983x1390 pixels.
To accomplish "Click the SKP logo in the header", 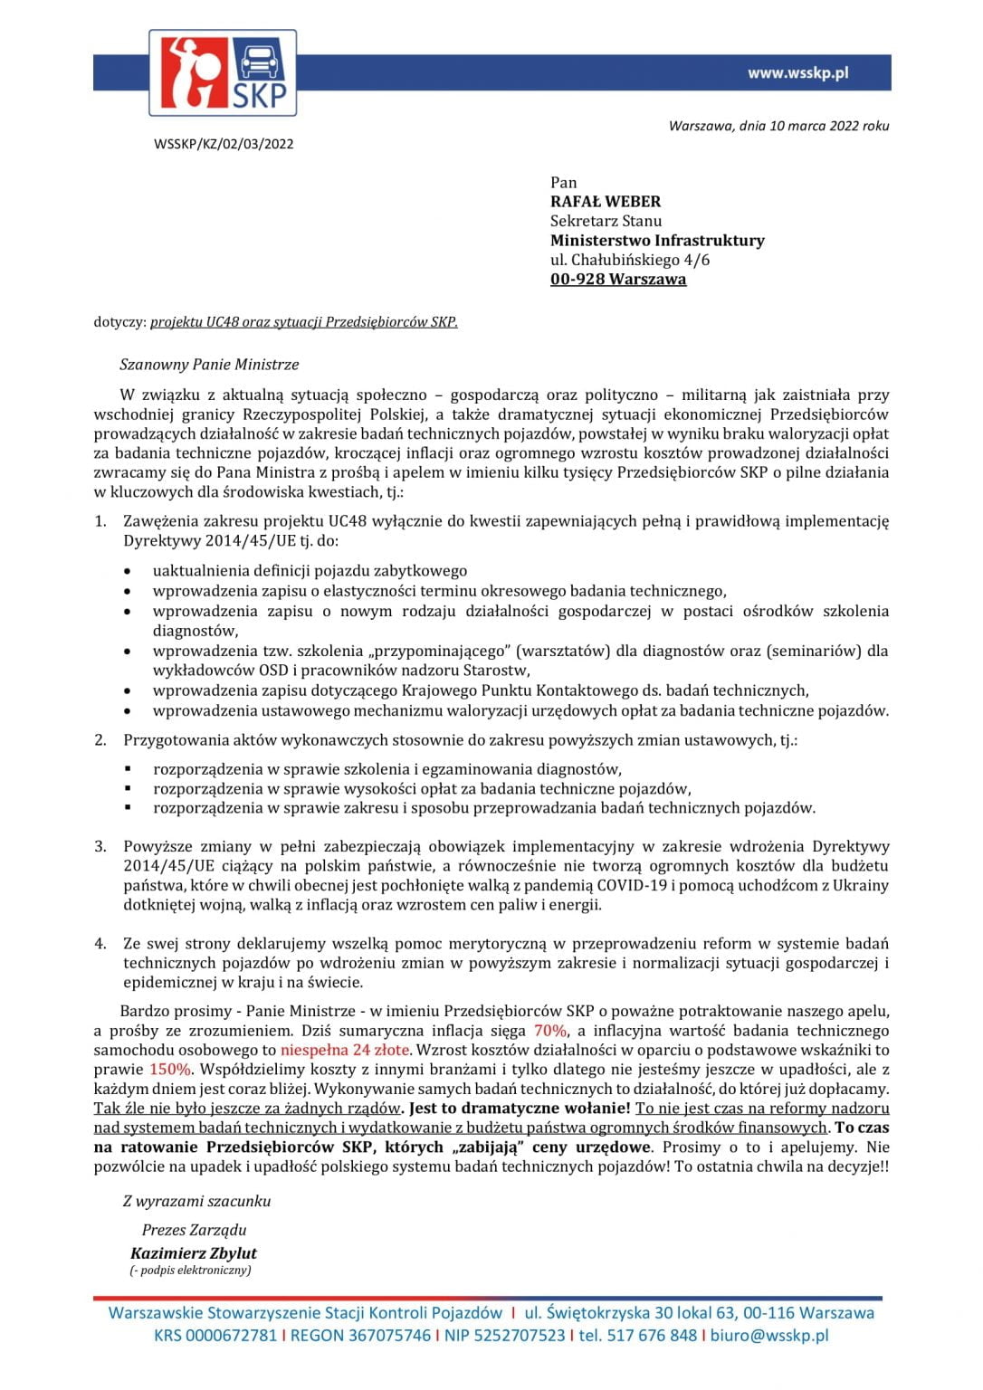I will pos(223,72).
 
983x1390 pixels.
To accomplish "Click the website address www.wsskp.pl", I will pos(797,73).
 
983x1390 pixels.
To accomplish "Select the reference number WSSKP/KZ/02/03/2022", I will pos(224,144).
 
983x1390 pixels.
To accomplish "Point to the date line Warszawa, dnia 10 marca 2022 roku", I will pos(778,126).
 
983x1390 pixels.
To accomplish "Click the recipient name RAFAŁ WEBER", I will pos(606,201).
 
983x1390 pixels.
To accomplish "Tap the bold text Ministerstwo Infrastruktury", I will pos(657,240).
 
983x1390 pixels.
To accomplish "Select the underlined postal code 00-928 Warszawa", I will pos(618,279).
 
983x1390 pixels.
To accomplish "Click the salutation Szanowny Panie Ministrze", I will pos(209,365).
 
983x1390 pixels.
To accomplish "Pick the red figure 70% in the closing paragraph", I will pos(549,1030).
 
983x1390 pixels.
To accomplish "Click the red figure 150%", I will pos(170,1069).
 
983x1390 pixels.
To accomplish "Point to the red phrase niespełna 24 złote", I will pos(345,1050).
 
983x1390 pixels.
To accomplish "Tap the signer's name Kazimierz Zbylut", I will pos(194,1253).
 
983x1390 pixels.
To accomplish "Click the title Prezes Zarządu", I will pos(194,1230).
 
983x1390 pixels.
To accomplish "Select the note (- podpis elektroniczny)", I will pos(190,1271).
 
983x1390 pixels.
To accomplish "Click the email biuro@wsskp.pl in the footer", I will pos(769,1335).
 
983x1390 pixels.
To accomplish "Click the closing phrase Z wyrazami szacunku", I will pos(196,1201).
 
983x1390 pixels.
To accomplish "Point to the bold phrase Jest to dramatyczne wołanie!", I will pos(520,1108).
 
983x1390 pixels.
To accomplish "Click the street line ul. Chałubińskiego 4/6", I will pos(630,260).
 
